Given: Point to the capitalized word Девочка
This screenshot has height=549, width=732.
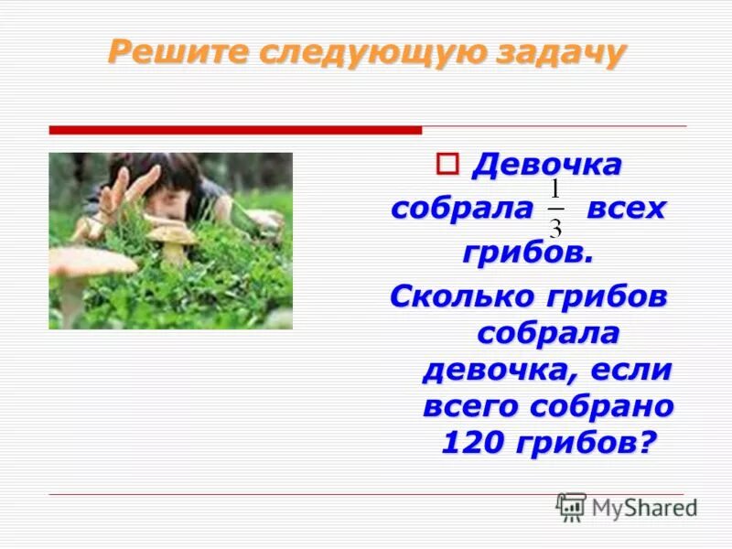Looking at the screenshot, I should [546, 166].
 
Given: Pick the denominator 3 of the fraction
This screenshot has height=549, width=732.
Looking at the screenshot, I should [555, 225].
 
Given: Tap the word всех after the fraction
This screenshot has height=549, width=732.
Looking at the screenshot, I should [626, 209].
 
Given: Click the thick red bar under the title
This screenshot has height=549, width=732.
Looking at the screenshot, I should [235, 130].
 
